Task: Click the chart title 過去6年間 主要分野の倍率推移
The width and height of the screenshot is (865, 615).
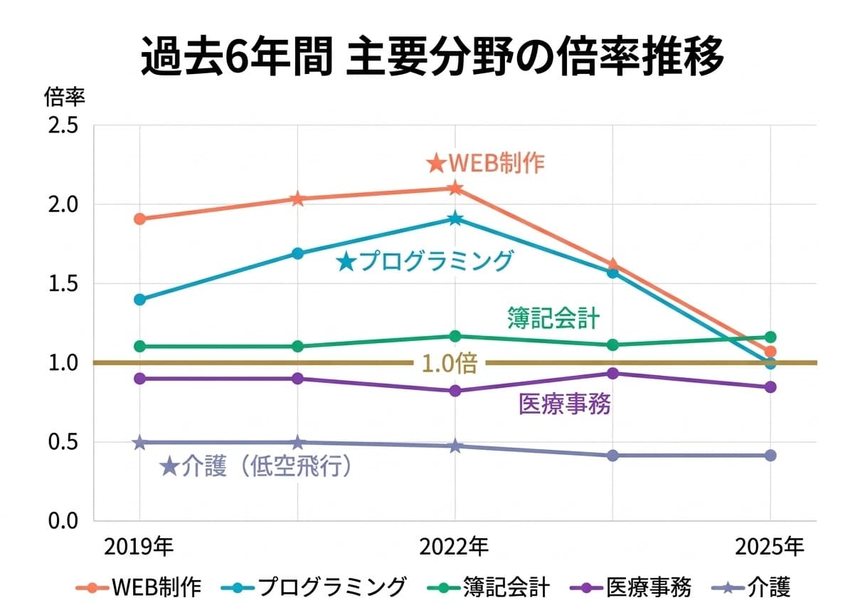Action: (432, 57)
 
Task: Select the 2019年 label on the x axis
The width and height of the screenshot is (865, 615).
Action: (139, 547)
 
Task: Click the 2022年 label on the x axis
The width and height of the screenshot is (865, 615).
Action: (455, 547)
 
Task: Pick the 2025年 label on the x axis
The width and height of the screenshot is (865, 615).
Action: (770, 547)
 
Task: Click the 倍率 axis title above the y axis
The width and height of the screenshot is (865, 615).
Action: (65, 96)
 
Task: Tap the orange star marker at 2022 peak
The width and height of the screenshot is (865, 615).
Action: (455, 189)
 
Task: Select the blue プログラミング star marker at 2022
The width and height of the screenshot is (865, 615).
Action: (455, 219)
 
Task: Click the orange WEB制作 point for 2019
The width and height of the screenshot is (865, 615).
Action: (140, 219)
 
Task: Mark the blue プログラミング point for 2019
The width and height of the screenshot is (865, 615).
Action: (140, 300)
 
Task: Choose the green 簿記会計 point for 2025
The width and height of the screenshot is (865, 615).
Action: (770, 337)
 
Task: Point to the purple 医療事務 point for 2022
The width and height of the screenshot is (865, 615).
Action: (455, 391)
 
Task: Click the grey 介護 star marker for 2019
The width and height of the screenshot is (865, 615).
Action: (140, 443)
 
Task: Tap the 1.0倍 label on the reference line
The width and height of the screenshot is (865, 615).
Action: (449, 364)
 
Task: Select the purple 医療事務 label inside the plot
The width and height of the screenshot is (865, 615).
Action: (565, 405)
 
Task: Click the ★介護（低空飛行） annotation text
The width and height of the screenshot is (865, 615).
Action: (258, 467)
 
